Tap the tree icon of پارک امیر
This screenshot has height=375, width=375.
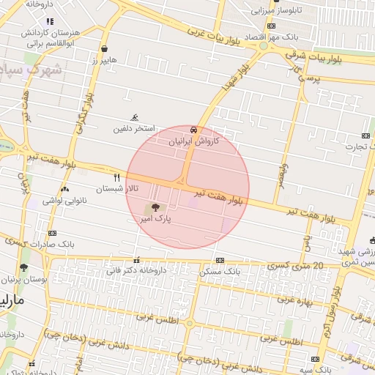[x=154, y=208]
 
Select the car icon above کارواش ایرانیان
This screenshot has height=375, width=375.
[x=193, y=129]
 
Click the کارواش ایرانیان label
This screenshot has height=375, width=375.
[x=194, y=140]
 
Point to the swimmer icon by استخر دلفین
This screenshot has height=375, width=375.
[x=134, y=118]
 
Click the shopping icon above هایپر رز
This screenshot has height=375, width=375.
[x=105, y=50]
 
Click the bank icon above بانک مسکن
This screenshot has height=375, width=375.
[x=220, y=261]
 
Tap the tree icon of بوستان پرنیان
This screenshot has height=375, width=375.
[x=24, y=268]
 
